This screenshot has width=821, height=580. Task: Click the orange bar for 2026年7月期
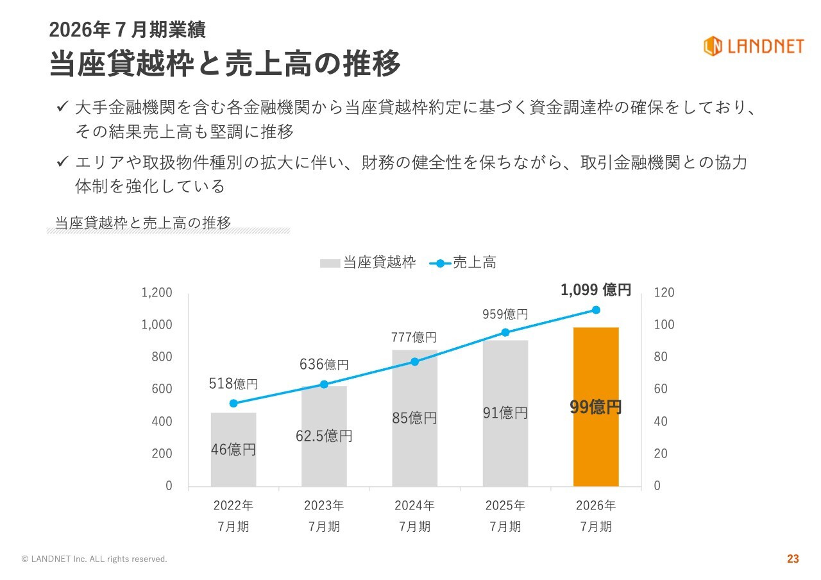pos(596,407)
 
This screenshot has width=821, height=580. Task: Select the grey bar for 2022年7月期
pos(233,450)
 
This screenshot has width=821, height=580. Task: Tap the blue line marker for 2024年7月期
pos(414,362)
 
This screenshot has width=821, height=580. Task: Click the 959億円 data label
pos(505,314)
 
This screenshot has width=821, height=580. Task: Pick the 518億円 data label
pos(233,384)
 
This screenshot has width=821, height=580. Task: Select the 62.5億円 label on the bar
pos(324,436)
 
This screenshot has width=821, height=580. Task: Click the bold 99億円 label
pos(596,407)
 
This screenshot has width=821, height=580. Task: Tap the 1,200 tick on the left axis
pos(157,293)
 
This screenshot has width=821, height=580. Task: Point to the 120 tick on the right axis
pos(664,293)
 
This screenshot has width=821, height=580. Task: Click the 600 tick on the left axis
pos(162,389)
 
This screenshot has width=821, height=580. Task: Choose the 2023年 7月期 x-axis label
pos(324,516)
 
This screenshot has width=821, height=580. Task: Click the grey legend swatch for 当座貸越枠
pos(330,263)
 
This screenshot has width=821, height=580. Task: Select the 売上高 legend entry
pos(462,262)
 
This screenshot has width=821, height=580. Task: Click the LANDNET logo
pos(754,46)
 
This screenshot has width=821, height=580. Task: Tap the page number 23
pos(793,558)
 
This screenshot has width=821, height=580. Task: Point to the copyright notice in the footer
pos(94,559)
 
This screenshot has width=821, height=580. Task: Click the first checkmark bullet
pos(62,107)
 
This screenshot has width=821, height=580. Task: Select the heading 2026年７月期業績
pos(127,30)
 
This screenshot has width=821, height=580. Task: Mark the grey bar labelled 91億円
pos(505,413)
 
